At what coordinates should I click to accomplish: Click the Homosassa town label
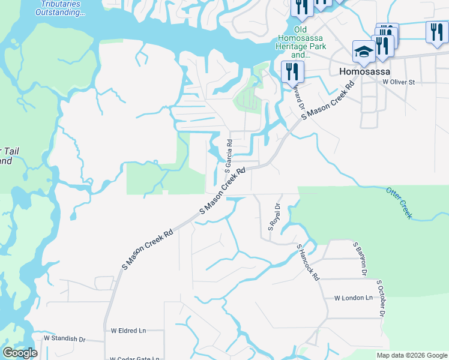(363, 71)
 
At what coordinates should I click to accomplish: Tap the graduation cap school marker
(363, 52)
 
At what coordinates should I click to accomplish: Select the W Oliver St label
(399, 82)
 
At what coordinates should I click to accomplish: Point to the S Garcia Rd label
(229, 155)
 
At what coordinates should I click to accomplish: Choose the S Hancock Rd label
(308, 262)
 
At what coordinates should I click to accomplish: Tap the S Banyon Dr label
(359, 256)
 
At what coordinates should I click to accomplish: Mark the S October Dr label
(380, 298)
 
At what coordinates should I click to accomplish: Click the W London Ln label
(354, 298)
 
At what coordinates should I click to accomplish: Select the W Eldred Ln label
(128, 331)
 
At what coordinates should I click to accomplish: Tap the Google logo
(20, 353)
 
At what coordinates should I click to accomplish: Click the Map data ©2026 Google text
(412, 355)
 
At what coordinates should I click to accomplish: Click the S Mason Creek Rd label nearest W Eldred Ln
(148, 248)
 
